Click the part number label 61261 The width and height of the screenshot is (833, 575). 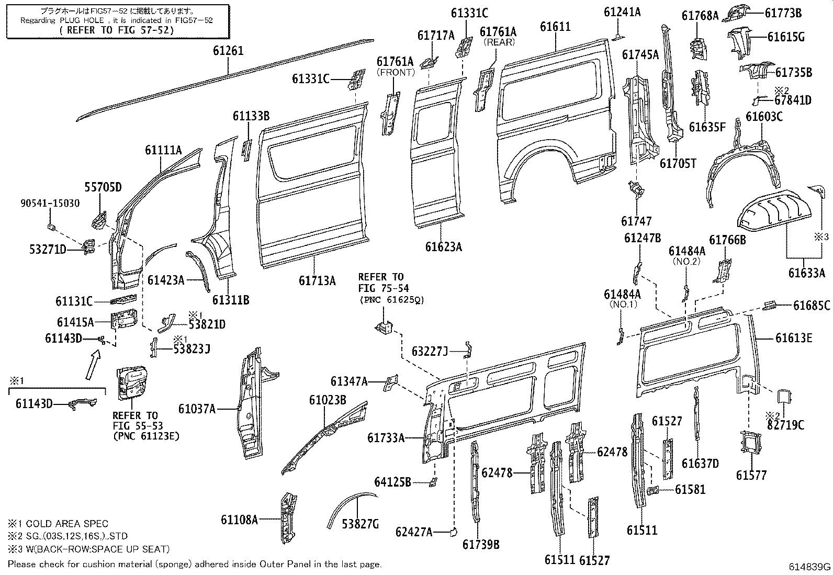228,51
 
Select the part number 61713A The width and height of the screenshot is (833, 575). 317,280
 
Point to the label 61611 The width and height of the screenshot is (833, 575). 555,27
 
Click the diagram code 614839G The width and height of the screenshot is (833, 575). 810,567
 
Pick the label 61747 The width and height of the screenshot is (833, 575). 637,222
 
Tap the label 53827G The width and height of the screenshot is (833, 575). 360,523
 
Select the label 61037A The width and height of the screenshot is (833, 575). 197,409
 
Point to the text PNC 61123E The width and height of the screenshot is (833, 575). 146,435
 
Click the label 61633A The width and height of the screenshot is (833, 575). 807,272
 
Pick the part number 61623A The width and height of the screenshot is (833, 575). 443,246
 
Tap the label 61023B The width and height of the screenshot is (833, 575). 328,400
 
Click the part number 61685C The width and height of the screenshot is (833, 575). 812,306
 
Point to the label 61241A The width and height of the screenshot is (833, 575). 622,12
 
